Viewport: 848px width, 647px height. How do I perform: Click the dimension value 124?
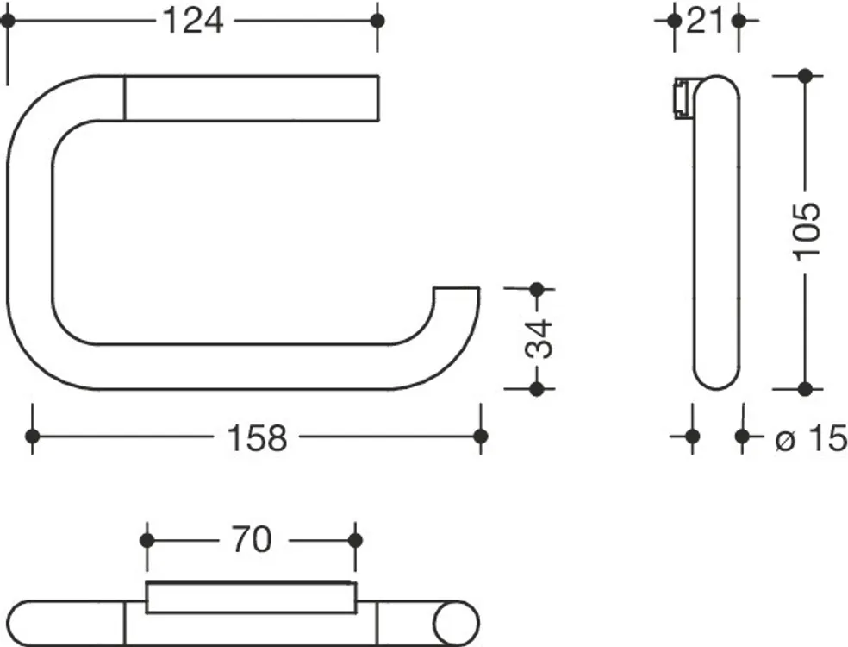pos(192,22)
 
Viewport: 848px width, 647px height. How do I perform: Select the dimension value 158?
pos(257,437)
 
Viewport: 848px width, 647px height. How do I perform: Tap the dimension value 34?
pos(539,339)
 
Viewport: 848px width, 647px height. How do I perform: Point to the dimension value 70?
pos(252,540)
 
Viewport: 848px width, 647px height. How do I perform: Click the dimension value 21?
pos(706,22)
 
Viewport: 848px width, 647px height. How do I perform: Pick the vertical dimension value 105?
pos(807,232)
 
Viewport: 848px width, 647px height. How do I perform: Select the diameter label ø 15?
pos(811,437)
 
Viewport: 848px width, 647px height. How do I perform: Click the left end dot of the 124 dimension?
pos(8,21)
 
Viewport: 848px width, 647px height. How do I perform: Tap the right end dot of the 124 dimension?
pos(377,21)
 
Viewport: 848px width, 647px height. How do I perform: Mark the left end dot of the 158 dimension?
pos(33,436)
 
